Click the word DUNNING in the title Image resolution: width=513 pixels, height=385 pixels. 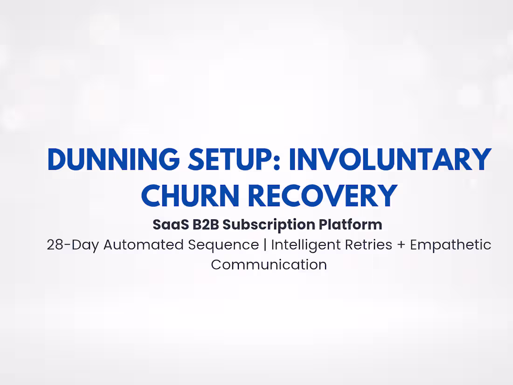click(113, 160)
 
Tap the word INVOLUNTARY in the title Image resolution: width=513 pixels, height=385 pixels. click(390, 160)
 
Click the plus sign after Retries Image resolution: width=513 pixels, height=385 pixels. click(401, 245)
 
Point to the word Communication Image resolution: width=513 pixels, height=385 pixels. click(269, 265)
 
